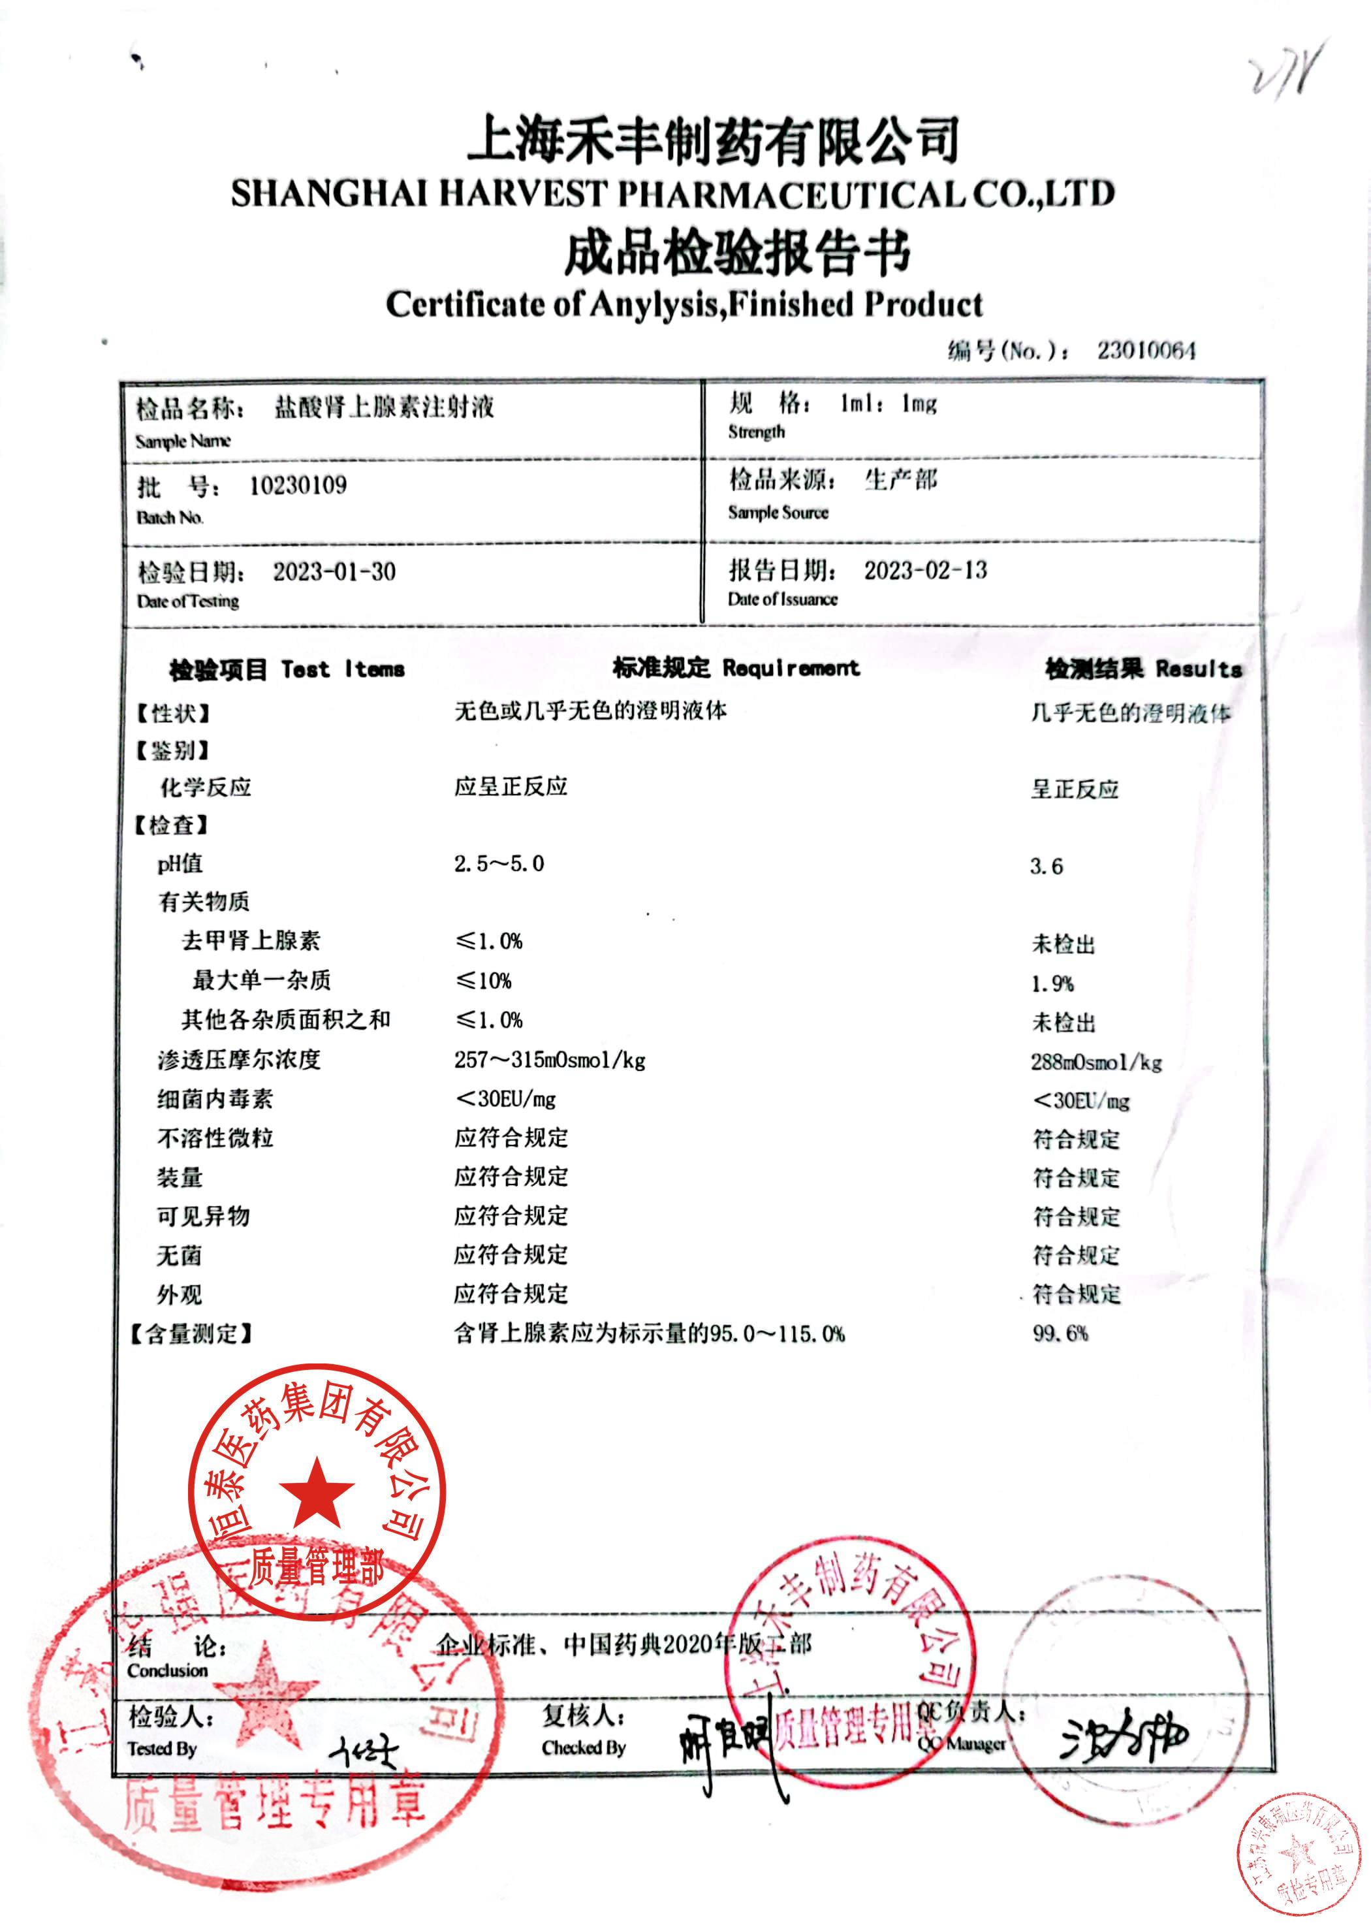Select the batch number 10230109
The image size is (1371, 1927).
click(297, 486)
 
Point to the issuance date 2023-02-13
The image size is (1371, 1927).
click(924, 570)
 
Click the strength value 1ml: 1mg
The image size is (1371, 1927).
click(887, 404)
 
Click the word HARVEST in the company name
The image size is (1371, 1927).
click(522, 194)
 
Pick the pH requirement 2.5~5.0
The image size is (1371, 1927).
click(498, 864)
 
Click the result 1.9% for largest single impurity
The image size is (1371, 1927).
click(1051, 984)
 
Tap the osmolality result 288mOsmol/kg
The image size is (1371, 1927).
click(1095, 1062)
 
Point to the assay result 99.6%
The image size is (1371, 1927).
click(1060, 1333)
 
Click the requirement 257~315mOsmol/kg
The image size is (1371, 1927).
click(549, 1060)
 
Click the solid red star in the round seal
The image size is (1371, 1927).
click(317, 1493)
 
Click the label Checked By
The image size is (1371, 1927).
click(584, 1747)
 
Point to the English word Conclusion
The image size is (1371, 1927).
click(167, 1670)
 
